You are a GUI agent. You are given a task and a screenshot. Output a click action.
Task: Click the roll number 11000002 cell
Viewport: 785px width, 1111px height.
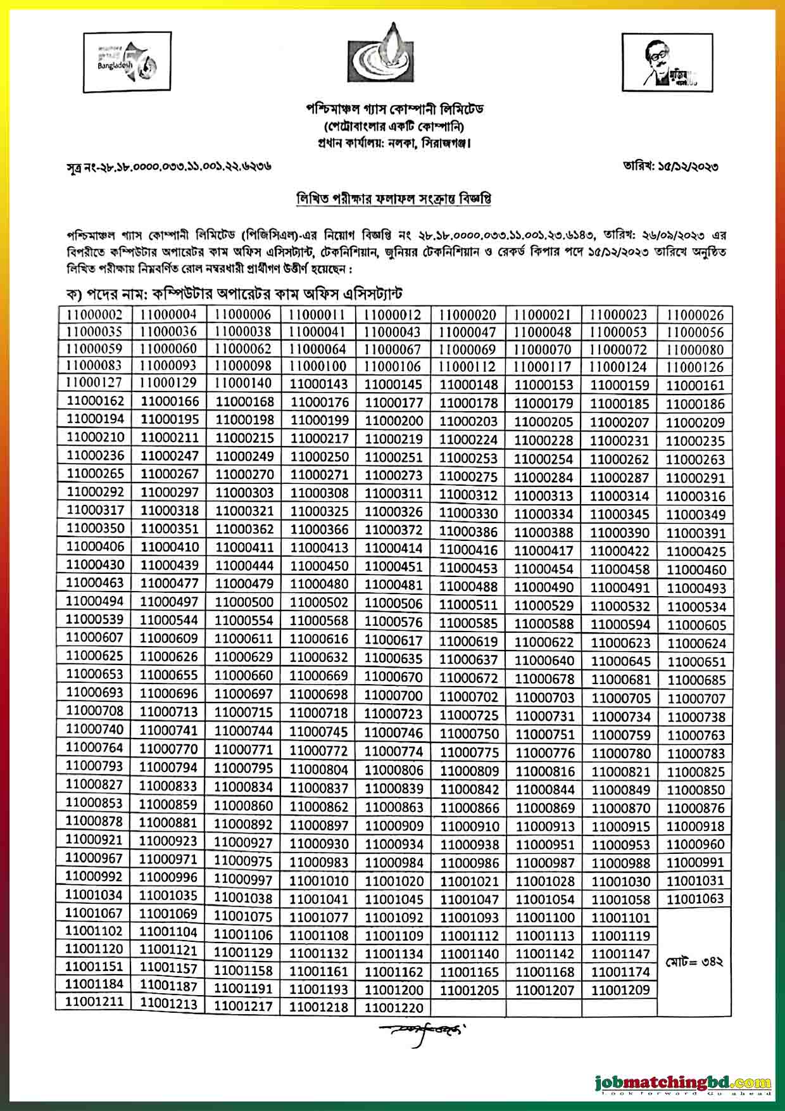(94, 314)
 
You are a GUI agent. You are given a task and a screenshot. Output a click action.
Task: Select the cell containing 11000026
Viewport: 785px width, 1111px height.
(695, 315)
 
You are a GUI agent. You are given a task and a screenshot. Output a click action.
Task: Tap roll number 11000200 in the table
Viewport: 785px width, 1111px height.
(394, 421)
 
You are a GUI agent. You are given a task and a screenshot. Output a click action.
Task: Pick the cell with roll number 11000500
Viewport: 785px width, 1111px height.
(243, 602)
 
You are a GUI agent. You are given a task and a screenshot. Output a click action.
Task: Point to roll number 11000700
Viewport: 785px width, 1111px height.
(394, 695)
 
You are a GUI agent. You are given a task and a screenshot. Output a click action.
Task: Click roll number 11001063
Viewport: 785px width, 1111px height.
(695, 898)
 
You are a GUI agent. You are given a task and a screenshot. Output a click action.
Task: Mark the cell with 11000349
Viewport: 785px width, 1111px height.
(695, 514)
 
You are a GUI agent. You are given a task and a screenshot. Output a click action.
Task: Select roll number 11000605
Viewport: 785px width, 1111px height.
(695, 625)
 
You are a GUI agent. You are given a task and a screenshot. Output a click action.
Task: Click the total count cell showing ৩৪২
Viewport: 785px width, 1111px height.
(695, 962)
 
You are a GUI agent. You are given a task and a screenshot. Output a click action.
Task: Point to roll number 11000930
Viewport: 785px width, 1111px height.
(319, 844)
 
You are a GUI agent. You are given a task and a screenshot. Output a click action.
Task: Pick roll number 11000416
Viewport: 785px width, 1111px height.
(468, 550)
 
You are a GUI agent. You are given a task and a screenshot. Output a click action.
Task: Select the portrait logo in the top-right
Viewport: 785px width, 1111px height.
(666, 61)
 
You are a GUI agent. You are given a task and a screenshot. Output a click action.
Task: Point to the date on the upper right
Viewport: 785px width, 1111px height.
(670, 168)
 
